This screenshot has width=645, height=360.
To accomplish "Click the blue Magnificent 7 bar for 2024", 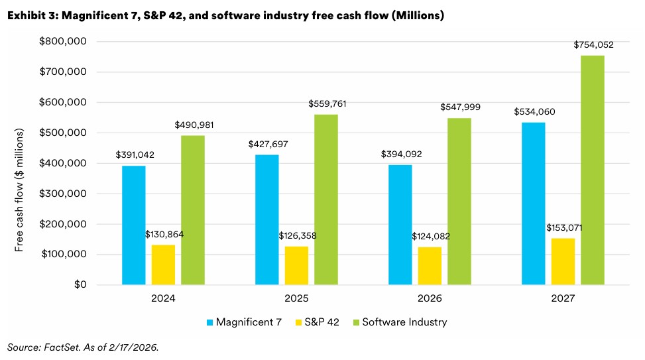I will pyautogui.click(x=134, y=225).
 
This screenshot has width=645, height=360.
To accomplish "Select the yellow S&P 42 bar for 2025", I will pyautogui.click(x=296, y=266).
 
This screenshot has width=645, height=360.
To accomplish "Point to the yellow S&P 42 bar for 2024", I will pyautogui.click(x=163, y=265).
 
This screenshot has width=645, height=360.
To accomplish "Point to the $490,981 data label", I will pyautogui.click(x=194, y=125).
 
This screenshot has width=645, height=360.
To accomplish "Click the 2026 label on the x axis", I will pyautogui.click(x=430, y=299).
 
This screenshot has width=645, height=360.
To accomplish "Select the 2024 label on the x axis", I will pyautogui.click(x=163, y=299).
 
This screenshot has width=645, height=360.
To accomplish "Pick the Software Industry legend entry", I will pyautogui.click(x=408, y=322).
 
